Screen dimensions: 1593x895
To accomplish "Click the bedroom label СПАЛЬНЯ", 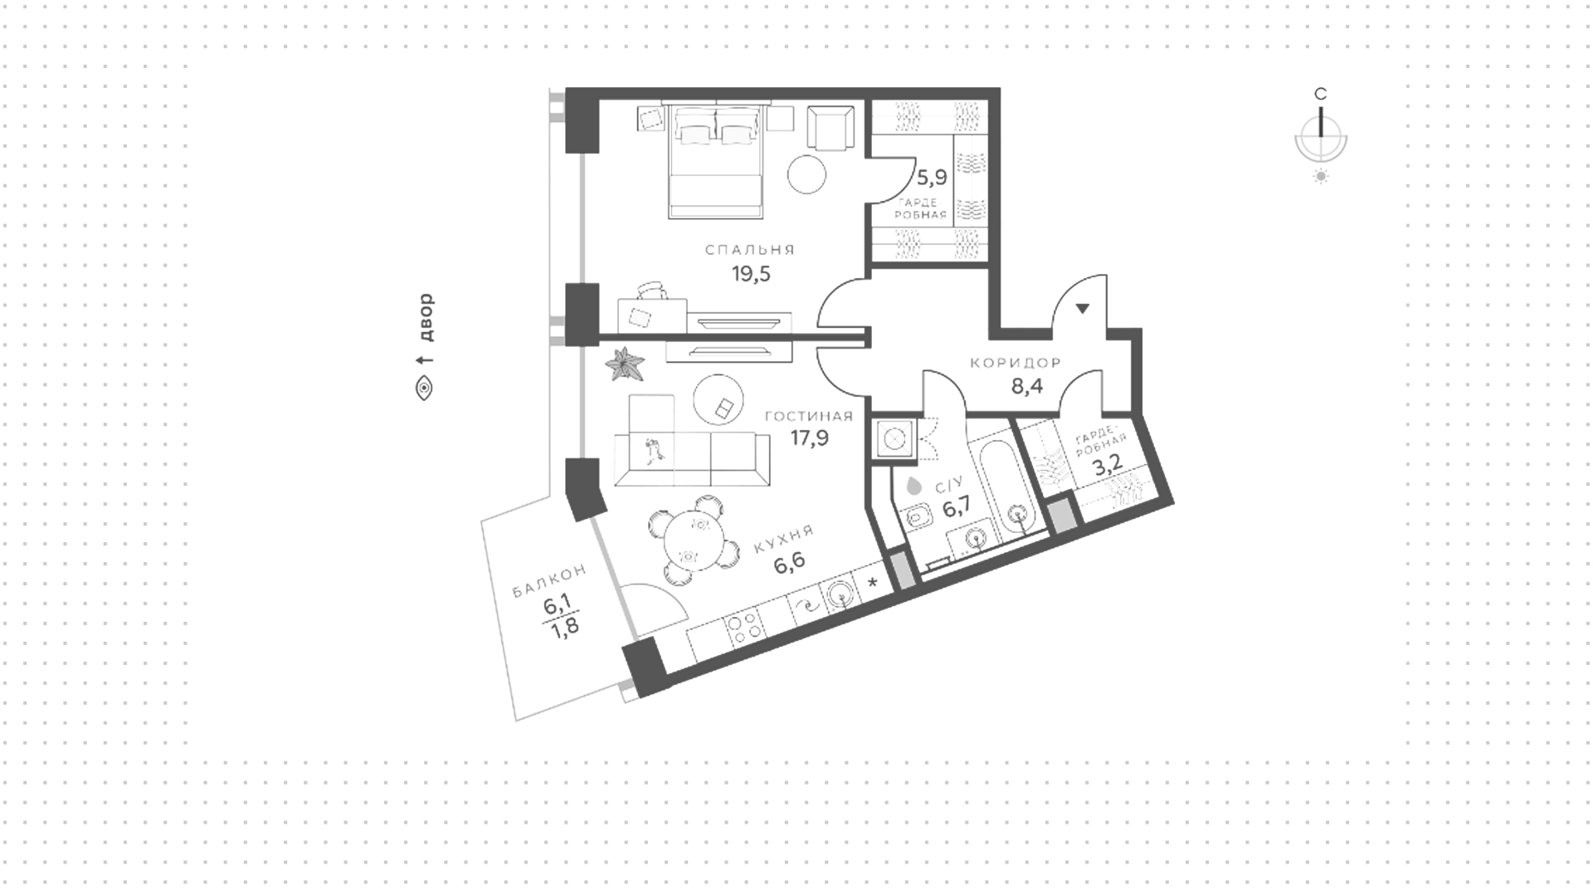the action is [750, 249].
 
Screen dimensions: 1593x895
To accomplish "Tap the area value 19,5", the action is [751, 273].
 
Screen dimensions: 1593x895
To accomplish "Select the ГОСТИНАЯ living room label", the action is [809, 416].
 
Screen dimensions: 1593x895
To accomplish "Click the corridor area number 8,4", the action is [1026, 386].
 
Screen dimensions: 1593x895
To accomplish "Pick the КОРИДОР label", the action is [1016, 363].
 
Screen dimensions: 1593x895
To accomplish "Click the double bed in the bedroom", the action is [716, 162].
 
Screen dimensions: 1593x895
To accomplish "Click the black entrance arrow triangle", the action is [1083, 309].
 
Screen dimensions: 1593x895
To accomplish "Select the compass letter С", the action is [1320, 94].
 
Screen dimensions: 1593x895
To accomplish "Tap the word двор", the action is [426, 318].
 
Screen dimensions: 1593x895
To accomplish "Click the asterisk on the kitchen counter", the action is [872, 583].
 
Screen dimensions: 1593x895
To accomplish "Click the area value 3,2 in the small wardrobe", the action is [1108, 465].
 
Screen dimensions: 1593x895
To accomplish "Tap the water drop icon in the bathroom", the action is [914, 485].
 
